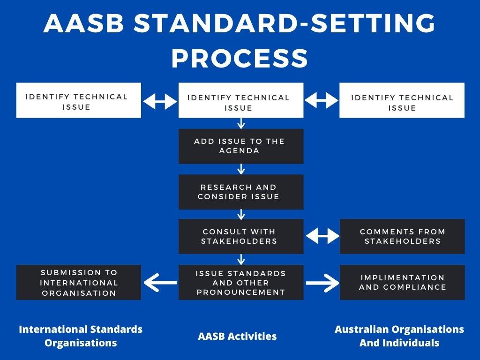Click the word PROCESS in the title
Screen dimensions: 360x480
(x=240, y=59)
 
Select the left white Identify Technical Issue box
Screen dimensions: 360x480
(x=78, y=100)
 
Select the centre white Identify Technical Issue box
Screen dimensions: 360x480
(x=240, y=100)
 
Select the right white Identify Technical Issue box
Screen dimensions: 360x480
(x=402, y=100)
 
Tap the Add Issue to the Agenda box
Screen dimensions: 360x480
(x=240, y=146)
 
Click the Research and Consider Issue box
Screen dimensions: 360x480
(x=240, y=192)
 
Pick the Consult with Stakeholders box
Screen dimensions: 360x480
(x=240, y=236)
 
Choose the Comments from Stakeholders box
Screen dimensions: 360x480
(x=402, y=236)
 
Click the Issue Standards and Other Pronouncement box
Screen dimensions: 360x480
(x=240, y=282)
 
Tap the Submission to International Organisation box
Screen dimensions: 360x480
(x=78, y=282)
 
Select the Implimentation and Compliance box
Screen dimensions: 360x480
(x=402, y=282)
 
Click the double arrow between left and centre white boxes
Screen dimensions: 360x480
(x=159, y=101)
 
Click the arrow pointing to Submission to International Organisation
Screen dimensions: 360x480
(x=160, y=283)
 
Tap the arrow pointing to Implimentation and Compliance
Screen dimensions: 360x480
(x=322, y=283)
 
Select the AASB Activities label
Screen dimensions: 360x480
(x=237, y=336)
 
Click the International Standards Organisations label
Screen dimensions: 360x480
(x=81, y=336)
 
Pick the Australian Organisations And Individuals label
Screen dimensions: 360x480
(x=399, y=336)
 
